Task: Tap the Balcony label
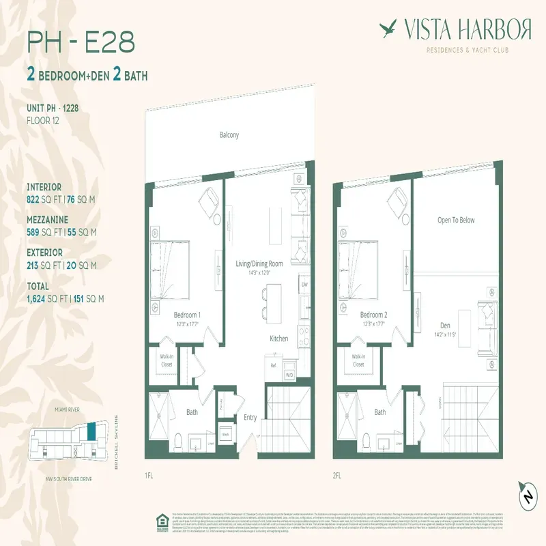coord(229,135)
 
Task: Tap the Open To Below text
coord(455,220)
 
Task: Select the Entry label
coord(250,418)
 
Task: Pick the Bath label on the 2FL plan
coord(380,412)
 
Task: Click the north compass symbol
coord(527,494)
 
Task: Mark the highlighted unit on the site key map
coord(91,432)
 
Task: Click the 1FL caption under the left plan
coord(149,475)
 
